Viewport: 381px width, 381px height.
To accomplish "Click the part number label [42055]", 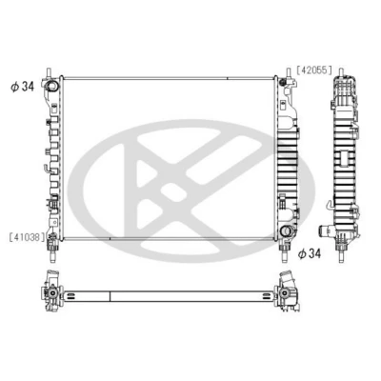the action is tap(314, 70).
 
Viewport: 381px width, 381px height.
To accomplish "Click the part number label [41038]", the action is tap(27, 236).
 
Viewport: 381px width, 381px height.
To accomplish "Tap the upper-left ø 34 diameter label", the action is tap(23, 86).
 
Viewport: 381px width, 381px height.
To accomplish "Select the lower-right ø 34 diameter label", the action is tap(310, 253).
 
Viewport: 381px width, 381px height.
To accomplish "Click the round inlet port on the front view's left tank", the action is tap(51, 86).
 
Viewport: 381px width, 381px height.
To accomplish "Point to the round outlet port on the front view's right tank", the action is tap(287, 231).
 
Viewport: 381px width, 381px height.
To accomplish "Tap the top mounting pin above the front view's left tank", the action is tap(50, 72).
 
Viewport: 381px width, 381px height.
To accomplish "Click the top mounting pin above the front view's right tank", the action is tap(289, 72).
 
